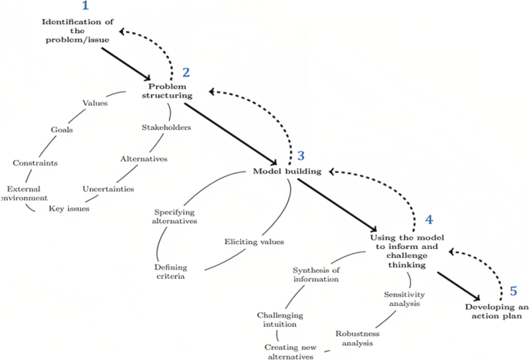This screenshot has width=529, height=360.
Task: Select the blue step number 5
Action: pos(512,291)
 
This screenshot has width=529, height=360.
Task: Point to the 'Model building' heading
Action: pos(287,171)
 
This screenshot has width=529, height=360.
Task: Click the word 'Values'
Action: pos(95,103)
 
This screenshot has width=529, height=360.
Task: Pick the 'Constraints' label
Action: pos(36,163)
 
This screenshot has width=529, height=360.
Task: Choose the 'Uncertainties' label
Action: pos(108,188)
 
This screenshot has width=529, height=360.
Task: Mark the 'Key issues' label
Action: pos(70,209)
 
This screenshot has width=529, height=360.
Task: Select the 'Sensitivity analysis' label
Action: pos(405,298)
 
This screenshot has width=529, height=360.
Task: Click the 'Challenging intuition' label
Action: pos(280,320)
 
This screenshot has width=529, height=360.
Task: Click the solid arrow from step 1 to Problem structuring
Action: pos(125,63)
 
